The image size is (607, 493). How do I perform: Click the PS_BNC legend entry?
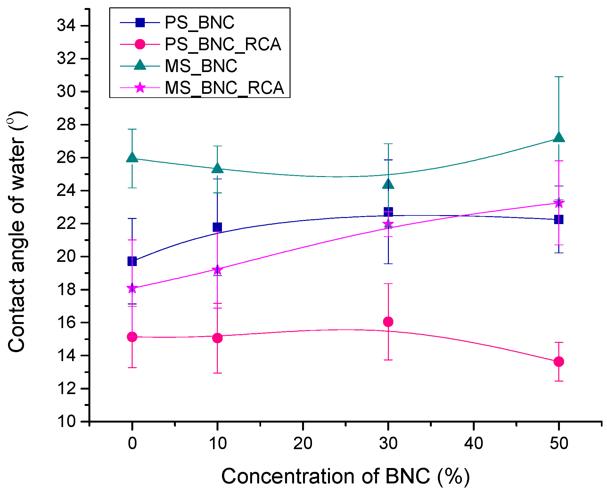coord(199,23)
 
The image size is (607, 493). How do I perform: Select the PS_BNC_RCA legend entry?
coord(223,44)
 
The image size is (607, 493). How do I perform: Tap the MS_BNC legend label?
coord(201,66)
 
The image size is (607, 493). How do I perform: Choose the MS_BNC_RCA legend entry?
coord(224,87)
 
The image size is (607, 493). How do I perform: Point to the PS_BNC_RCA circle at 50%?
coord(559,361)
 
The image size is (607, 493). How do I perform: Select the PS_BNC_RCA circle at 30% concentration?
coord(388,322)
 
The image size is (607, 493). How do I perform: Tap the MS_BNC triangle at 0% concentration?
coord(132,158)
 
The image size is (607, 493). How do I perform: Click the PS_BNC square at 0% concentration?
coord(132,261)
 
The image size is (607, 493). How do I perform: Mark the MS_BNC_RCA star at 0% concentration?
coord(132,288)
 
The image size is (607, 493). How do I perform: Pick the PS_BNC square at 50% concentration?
coord(559,219)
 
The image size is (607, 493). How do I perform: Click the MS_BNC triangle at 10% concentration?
coord(217,168)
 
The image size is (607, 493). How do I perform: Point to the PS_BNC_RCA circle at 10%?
coord(217,338)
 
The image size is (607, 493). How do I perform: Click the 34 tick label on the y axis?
coord(66,26)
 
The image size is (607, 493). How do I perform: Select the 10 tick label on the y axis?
coord(66,421)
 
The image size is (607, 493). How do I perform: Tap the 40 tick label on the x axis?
coord(473,444)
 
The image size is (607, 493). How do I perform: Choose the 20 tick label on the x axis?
coord(303,444)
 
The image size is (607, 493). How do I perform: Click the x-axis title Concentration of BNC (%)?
coord(345,476)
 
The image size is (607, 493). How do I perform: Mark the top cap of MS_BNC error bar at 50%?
coord(559,77)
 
